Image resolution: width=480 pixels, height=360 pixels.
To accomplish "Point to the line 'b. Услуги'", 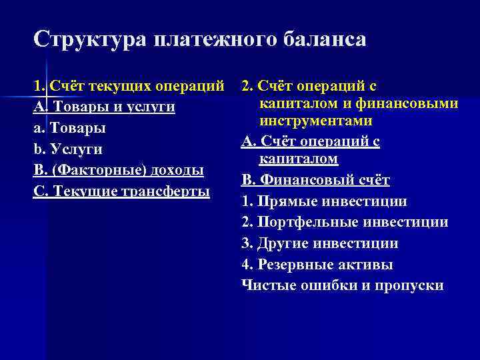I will pyautogui.click(x=67, y=149).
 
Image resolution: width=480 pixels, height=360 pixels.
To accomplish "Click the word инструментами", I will pyautogui.click(x=316, y=122).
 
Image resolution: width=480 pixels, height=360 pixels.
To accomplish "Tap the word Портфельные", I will pyautogui.click(x=300, y=223).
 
